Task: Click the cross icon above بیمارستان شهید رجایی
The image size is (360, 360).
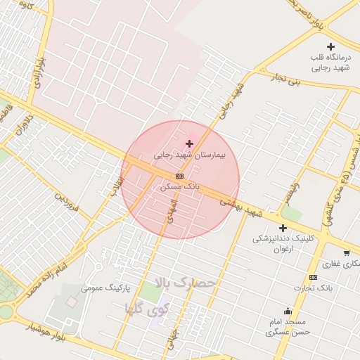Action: point(189,143)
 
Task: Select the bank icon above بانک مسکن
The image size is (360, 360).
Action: point(179,176)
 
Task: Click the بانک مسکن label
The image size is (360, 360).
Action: point(180,187)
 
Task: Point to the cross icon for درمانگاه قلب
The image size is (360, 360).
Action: point(331,46)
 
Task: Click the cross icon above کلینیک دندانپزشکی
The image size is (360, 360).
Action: point(283,228)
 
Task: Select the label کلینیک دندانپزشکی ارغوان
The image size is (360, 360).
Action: point(282,243)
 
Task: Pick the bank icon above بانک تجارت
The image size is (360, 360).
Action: point(312,277)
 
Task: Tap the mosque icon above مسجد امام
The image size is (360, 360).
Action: point(288,311)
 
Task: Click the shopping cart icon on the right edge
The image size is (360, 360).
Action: point(347,252)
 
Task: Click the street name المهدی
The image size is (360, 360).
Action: point(170,210)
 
